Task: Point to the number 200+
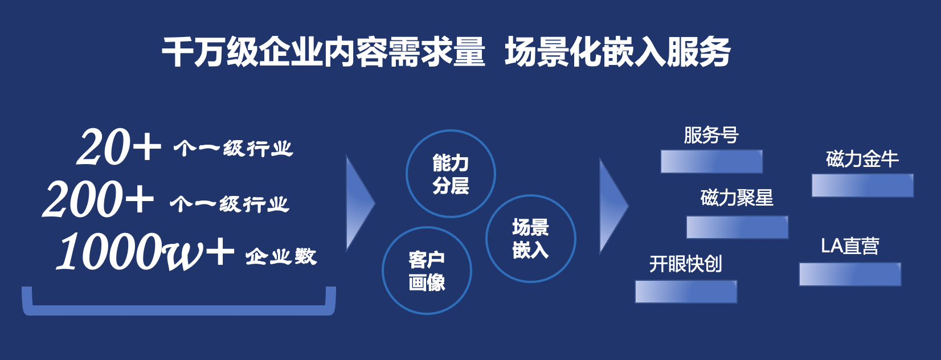click(x=98, y=199)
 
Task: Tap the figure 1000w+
click(x=145, y=252)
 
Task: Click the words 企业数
click(x=281, y=256)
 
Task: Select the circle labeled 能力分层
click(x=451, y=174)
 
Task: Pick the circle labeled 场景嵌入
click(x=530, y=239)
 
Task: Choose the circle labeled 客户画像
click(x=427, y=271)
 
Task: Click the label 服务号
click(x=711, y=136)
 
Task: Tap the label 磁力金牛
click(x=862, y=159)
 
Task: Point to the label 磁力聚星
click(x=737, y=198)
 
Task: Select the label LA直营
click(x=850, y=246)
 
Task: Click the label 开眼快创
click(x=685, y=264)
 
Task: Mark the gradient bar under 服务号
click(x=711, y=162)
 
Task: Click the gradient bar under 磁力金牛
click(x=862, y=186)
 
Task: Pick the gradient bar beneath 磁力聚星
click(x=737, y=227)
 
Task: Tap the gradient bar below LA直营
click(x=850, y=274)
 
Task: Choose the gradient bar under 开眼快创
click(x=686, y=292)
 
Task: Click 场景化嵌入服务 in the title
click(x=617, y=52)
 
